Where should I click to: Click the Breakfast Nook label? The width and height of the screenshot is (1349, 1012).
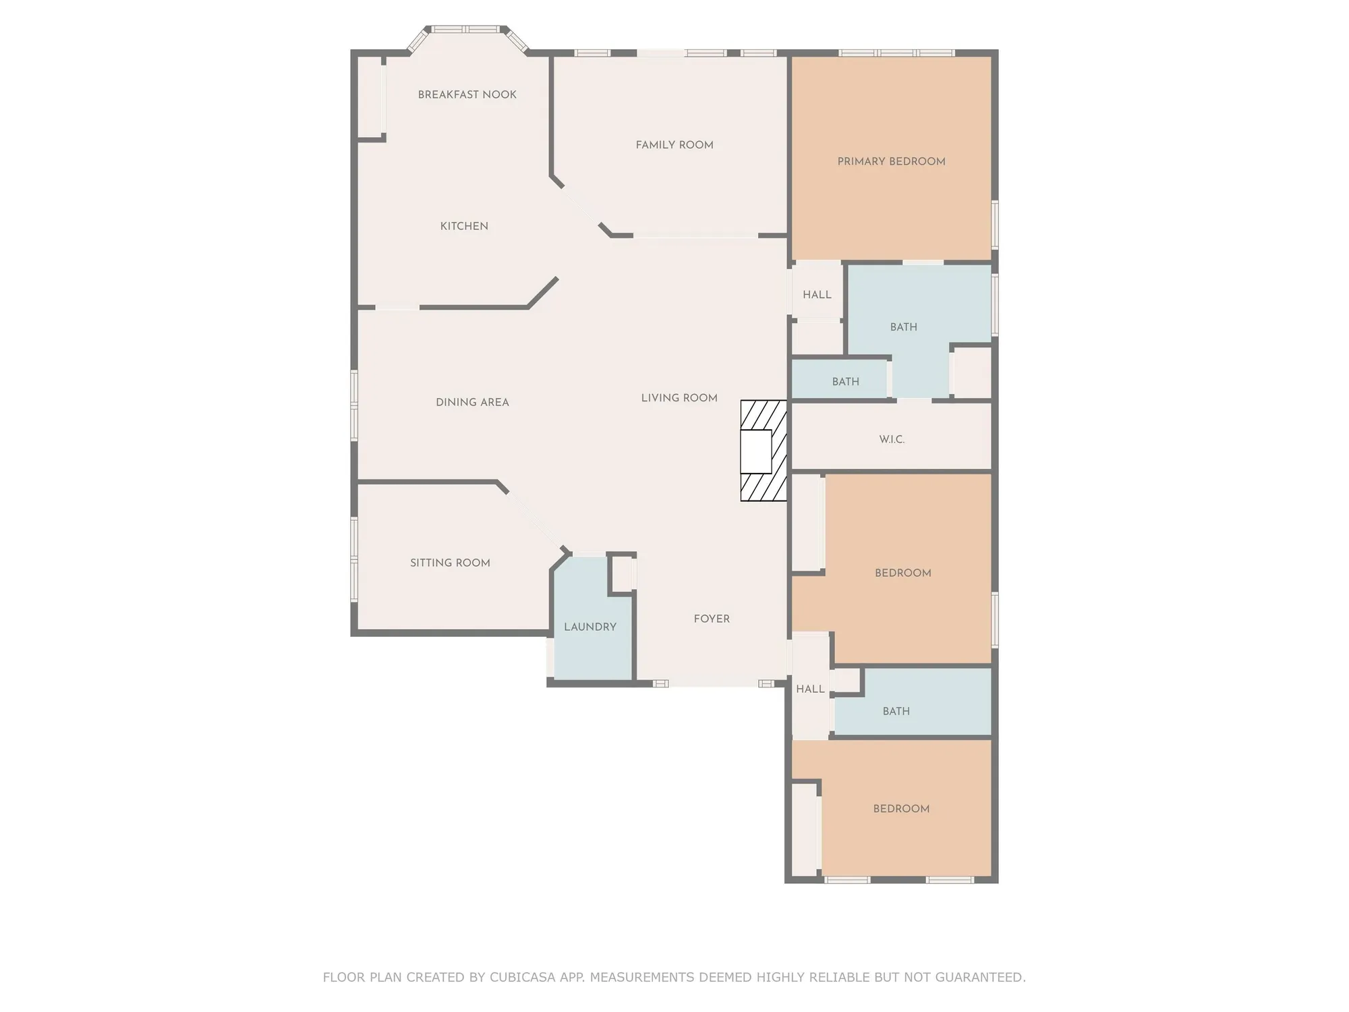pos(467,95)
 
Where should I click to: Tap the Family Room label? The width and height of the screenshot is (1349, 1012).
pos(674,145)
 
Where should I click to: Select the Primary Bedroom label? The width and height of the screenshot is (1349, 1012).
pos(891,162)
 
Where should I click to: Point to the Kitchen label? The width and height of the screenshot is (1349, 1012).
pos(464,227)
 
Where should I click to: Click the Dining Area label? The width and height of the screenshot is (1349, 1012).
pos(472,403)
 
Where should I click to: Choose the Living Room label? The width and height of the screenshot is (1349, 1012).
pos(679,398)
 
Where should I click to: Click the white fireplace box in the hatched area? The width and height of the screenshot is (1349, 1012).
pos(755,451)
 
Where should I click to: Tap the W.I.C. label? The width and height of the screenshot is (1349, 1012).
pos(892,440)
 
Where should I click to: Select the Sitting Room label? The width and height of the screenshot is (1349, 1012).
pos(450,563)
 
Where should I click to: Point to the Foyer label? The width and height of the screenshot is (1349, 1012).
pos(712,619)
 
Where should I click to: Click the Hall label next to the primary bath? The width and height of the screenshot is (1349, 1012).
pos(817,295)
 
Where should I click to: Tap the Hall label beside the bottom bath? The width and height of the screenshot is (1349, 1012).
pos(810,690)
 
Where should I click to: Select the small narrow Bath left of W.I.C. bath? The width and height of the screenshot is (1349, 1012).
pos(845,382)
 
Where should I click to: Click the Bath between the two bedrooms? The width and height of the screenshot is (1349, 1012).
pos(896,712)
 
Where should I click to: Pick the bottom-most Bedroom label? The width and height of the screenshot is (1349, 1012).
pos(901,809)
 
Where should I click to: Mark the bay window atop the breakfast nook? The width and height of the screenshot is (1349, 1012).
pos(465,30)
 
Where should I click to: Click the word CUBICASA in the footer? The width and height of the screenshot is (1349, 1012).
pos(523,977)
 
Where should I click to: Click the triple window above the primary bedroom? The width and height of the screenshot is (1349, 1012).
pos(896,53)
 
